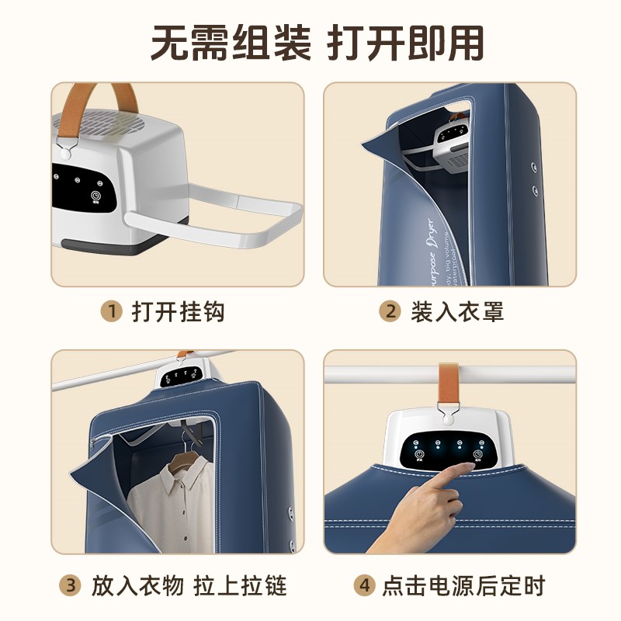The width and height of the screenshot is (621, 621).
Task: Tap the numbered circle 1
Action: pyautogui.click(x=113, y=312)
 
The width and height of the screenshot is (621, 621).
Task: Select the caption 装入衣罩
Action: pyautogui.click(x=457, y=312)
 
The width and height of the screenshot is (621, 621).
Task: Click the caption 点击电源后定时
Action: pyautogui.click(x=463, y=585)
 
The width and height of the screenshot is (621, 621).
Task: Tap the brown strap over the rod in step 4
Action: pyautogui.click(x=449, y=380)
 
